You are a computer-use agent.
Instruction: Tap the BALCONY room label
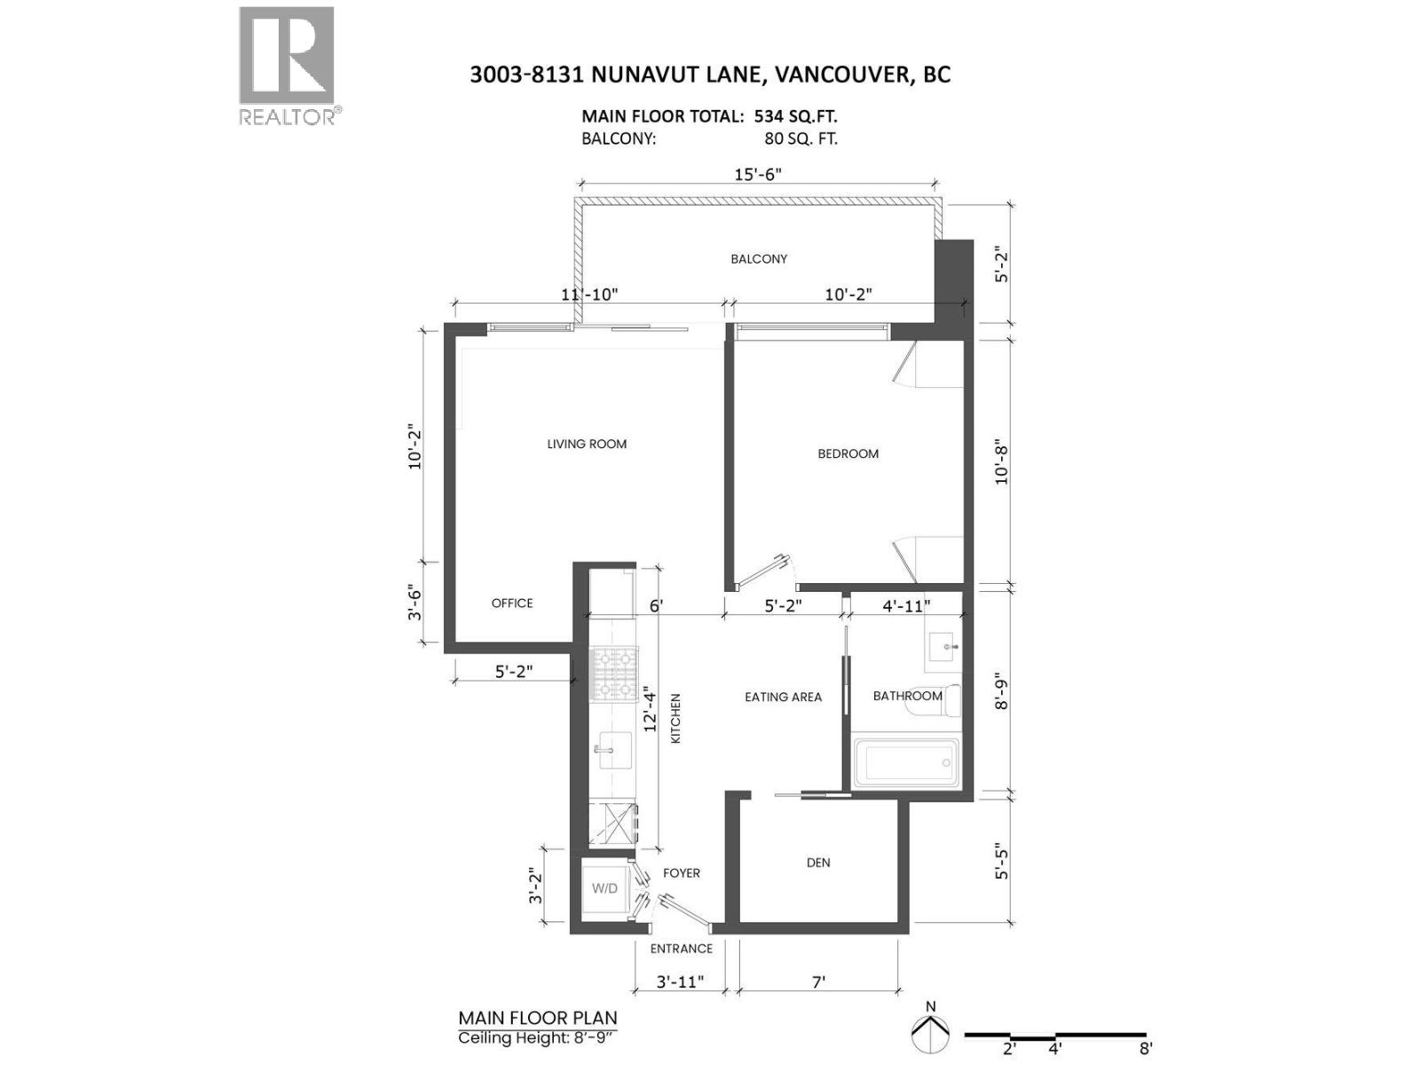(759, 259)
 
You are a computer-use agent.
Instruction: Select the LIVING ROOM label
(587, 444)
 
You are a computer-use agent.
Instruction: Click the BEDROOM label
(848, 454)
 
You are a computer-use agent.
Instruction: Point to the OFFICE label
(512, 603)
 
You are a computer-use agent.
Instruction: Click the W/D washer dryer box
(605, 888)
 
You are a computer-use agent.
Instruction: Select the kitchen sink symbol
(611, 750)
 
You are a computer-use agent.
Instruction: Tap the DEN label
(818, 863)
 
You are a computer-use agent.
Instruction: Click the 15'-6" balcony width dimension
(758, 174)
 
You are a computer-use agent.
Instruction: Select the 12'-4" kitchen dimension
(650, 708)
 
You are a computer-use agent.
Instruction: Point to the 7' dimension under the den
(818, 982)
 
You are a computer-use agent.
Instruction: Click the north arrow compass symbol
(930, 1031)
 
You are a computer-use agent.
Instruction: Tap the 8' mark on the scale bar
(1146, 1048)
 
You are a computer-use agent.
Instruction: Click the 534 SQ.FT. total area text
(795, 116)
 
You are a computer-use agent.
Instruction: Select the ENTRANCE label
(681, 949)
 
